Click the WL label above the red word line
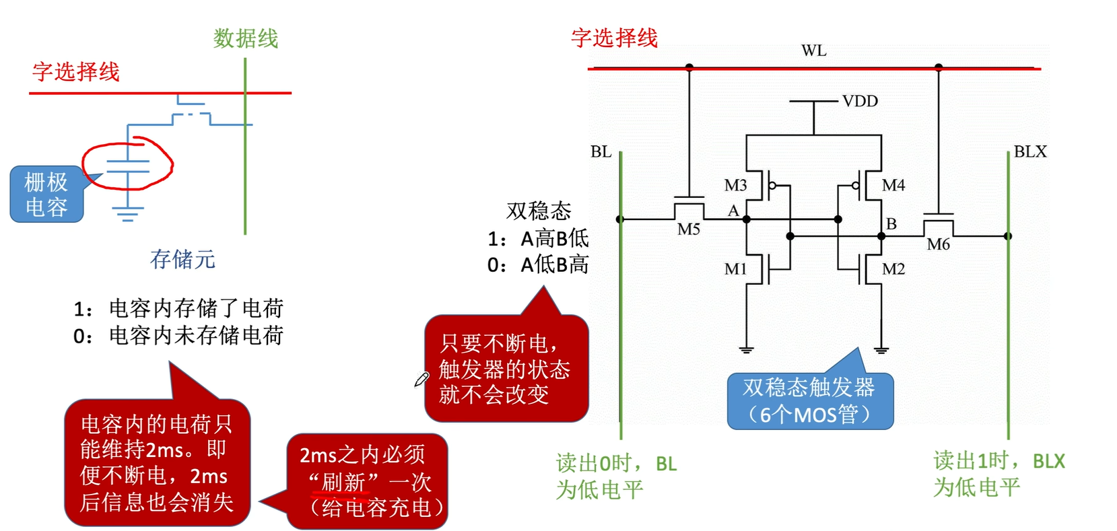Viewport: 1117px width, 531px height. tap(813, 50)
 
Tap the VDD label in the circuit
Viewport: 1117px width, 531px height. tap(860, 101)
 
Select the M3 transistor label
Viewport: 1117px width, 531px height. tap(735, 185)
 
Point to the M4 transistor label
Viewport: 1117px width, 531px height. tap(893, 185)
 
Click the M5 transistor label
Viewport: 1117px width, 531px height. tap(688, 229)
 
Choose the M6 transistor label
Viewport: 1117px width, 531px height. tap(938, 244)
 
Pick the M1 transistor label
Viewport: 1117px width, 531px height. tap(735, 269)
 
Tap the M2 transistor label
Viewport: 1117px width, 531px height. tap(893, 269)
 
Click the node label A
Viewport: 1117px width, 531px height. tap(733, 211)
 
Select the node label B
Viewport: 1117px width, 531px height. tap(891, 223)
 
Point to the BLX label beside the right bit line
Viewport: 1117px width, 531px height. tap(1030, 152)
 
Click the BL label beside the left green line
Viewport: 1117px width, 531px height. tap(601, 152)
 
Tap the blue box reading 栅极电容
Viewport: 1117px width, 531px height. tap(46, 194)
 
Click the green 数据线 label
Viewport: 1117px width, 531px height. tap(246, 38)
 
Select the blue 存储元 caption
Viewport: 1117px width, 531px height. tap(182, 259)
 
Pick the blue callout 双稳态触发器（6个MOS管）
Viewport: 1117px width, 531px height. tap(809, 400)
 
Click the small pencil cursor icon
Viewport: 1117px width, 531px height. tap(421, 380)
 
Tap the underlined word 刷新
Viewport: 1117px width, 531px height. tap(343, 482)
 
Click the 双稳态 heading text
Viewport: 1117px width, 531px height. tap(539, 211)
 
